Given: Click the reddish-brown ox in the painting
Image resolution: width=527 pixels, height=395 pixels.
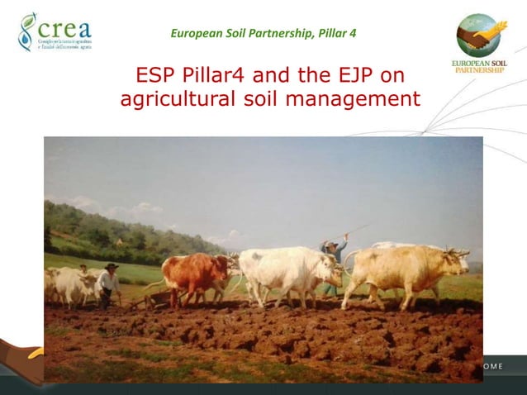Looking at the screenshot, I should tap(195, 274).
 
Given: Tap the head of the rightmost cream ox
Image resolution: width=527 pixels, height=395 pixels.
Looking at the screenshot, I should tap(453, 263).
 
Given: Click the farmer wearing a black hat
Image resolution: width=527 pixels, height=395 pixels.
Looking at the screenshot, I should tap(107, 283).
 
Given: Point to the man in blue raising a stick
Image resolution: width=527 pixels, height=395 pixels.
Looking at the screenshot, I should tap(334, 256).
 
